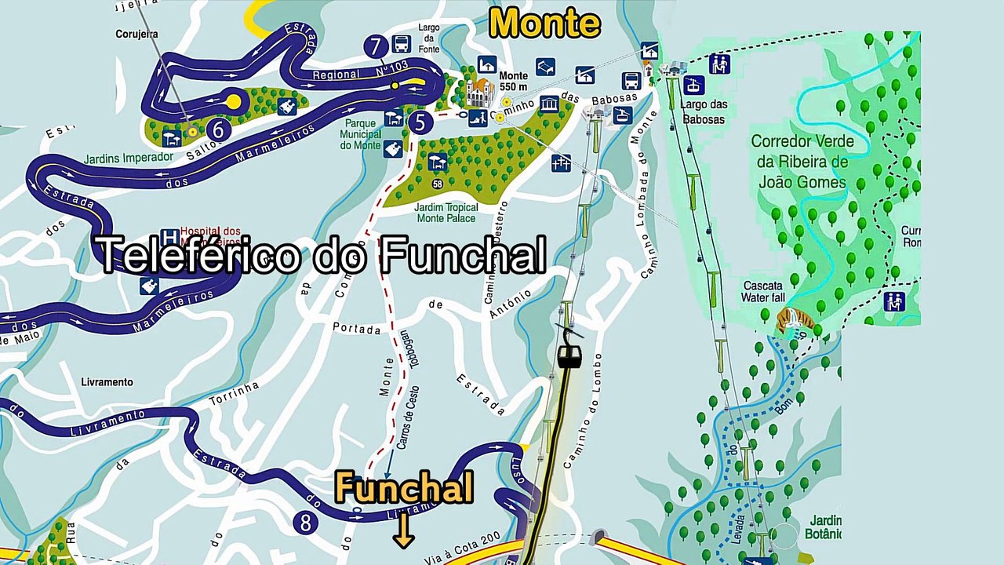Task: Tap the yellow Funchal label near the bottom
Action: pyautogui.click(x=404, y=488)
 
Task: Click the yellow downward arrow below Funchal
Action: pyautogui.click(x=404, y=531)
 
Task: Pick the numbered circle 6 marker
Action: pyautogui.click(x=218, y=129)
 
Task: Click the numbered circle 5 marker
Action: pyautogui.click(x=421, y=122)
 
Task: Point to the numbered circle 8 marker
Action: pyautogui.click(x=305, y=522)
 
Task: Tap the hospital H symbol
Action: pyautogui.click(x=169, y=237)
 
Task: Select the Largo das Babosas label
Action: pyautogui.click(x=704, y=112)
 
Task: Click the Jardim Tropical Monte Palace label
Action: pyautogui.click(x=446, y=213)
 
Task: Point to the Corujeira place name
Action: pyautogui.click(x=136, y=35)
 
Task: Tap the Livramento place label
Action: pyautogui.click(x=107, y=382)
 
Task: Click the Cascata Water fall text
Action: pyautogui.click(x=762, y=291)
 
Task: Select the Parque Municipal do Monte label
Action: pyautogui.click(x=361, y=134)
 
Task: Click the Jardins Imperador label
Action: pyautogui.click(x=128, y=158)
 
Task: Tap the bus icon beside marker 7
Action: pyautogui.click(x=401, y=44)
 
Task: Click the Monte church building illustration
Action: pyautogui.click(x=479, y=93)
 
